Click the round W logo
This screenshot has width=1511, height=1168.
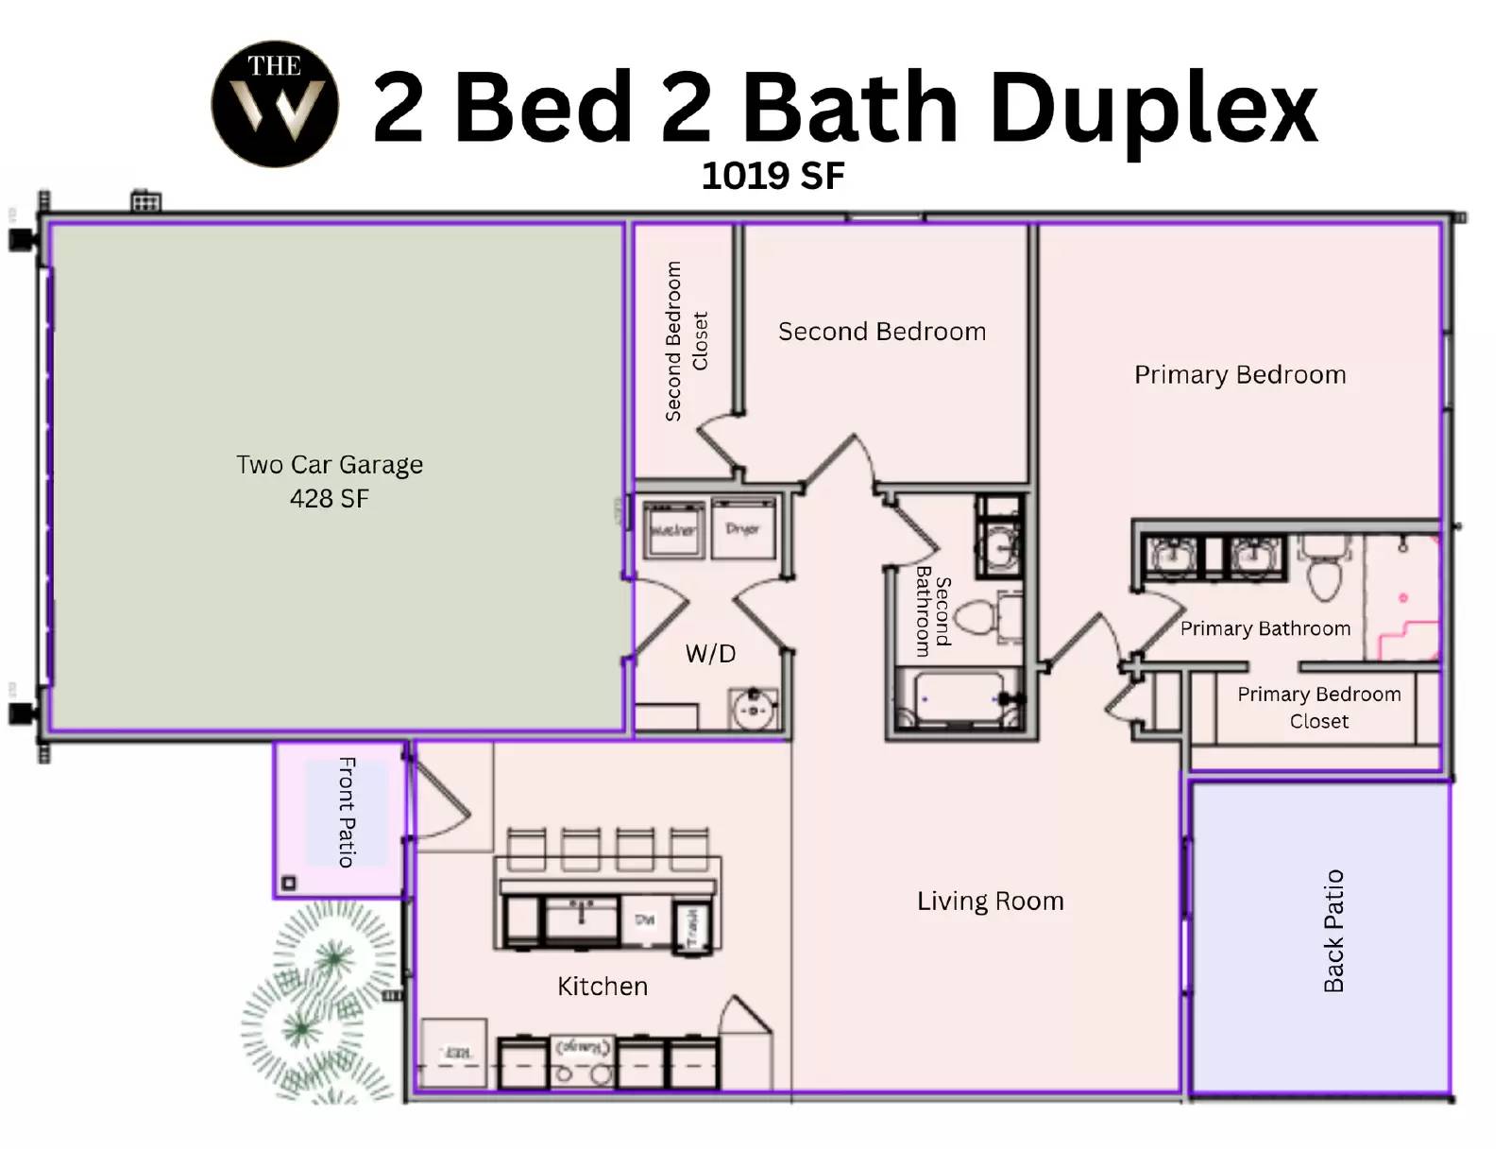(275, 104)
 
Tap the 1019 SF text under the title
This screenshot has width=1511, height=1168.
(772, 176)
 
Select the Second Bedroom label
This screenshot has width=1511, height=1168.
(882, 332)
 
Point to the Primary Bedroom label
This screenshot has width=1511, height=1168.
(1239, 375)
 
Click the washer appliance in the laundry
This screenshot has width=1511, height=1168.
(673, 529)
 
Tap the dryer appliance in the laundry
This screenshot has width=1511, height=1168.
(742, 529)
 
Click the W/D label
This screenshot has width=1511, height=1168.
(710, 653)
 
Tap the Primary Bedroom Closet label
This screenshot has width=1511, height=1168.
(1318, 707)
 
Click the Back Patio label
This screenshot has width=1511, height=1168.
(1333, 931)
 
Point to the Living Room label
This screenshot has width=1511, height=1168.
(990, 901)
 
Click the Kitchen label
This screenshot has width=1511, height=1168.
(602, 987)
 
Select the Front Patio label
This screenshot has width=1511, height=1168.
(347, 812)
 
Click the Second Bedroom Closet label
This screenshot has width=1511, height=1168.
(686, 341)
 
